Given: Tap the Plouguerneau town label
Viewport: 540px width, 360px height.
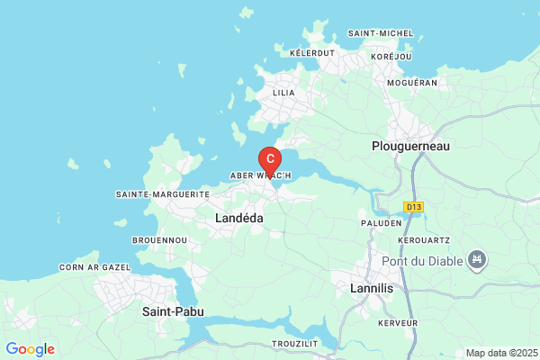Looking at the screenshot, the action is [x=410, y=145].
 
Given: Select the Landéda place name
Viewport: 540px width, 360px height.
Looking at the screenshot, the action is [x=239, y=218].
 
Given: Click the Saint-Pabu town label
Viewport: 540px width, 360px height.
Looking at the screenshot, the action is [x=173, y=311].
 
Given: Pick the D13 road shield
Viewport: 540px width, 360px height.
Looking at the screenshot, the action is [x=413, y=207].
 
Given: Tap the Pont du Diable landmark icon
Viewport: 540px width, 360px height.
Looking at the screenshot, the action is [x=477, y=261].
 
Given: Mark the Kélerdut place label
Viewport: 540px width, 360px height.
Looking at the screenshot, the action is [x=312, y=53].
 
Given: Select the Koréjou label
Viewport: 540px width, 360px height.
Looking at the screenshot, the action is [x=391, y=57].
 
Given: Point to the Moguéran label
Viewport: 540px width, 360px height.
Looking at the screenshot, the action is [x=411, y=83].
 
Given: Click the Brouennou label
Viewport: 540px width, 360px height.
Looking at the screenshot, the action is [x=159, y=240].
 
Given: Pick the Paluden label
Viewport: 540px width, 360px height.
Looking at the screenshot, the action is [x=382, y=222].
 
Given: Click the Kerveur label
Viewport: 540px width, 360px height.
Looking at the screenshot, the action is [x=398, y=322].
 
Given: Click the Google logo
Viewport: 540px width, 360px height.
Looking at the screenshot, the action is [x=30, y=349].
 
